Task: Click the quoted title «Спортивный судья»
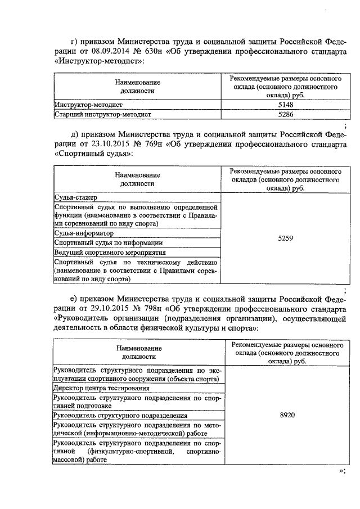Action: tap(93, 154)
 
